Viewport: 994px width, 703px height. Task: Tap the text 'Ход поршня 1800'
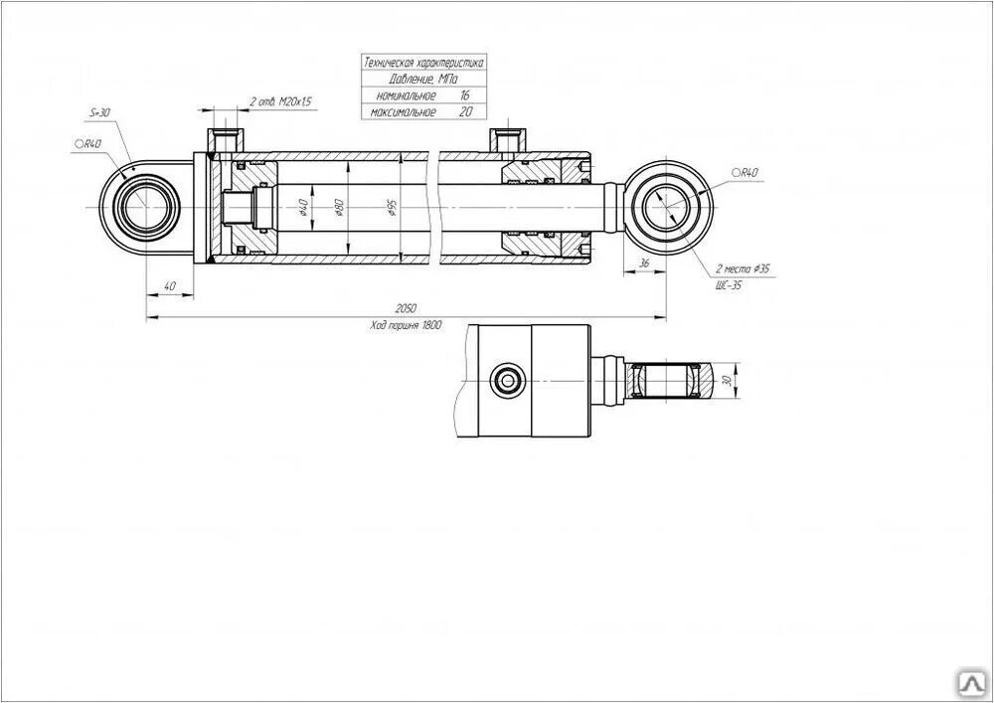pos(405,325)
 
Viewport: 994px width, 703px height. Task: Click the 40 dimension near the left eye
pos(169,286)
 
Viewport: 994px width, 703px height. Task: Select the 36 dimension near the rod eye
pos(643,263)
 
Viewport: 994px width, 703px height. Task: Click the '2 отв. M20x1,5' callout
pos(279,101)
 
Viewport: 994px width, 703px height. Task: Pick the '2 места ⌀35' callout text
pos(742,269)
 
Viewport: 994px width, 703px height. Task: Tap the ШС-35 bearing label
pos(729,284)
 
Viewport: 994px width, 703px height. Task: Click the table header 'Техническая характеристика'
pos(423,62)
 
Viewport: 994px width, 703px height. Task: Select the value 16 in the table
pos(464,94)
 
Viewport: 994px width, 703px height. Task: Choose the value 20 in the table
pos(464,111)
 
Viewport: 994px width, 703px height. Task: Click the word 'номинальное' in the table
pos(407,94)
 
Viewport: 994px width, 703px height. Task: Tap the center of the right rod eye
pos(667,207)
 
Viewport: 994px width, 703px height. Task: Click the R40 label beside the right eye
pos(745,173)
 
